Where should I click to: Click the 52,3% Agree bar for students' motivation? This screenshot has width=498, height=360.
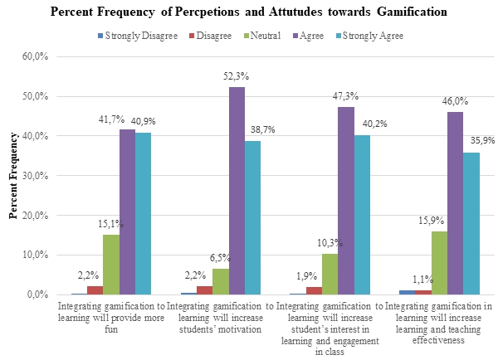pyautogui.click(x=237, y=191)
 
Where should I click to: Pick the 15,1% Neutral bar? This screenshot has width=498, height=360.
pyautogui.click(x=111, y=265)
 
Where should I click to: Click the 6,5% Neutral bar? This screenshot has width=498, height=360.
pyautogui.click(x=221, y=281)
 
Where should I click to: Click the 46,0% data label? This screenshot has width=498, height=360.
pyautogui.click(x=455, y=101)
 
